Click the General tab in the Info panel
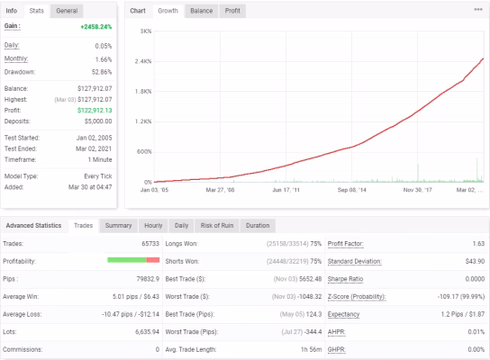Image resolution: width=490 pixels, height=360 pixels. [x=67, y=11]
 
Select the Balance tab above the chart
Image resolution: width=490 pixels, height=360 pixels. [x=201, y=11]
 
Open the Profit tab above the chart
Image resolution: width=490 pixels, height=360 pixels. [x=232, y=11]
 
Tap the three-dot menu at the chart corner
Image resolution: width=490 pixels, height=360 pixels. [x=478, y=9]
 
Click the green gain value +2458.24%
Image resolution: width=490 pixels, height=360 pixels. [x=96, y=27]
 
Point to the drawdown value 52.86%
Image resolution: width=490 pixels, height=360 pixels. [x=102, y=72]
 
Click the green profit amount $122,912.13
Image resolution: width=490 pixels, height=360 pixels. [x=95, y=110]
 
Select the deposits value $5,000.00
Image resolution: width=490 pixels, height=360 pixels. [x=98, y=121]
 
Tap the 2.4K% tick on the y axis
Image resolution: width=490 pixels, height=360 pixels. [x=143, y=61]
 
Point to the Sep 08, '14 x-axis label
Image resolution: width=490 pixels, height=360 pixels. [x=351, y=190]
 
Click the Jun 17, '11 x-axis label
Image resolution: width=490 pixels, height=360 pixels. [x=286, y=190]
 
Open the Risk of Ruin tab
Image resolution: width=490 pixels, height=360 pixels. [x=217, y=226]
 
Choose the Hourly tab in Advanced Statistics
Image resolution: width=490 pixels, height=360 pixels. [x=153, y=226]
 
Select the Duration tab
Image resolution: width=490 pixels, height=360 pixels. [x=258, y=226]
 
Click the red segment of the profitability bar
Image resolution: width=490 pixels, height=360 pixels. [x=153, y=260]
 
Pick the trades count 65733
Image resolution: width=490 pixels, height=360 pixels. [x=150, y=244]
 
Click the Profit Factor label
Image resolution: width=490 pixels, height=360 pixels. [x=345, y=244]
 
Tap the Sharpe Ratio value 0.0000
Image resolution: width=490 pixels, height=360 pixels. [x=475, y=279]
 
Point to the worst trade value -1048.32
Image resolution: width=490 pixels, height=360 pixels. [x=308, y=297]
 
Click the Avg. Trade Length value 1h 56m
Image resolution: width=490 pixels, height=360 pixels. [x=311, y=349]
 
